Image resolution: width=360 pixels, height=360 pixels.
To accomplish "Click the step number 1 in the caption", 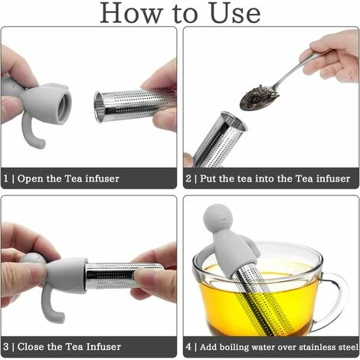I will tap(7, 178).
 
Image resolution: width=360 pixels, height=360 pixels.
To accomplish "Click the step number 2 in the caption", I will tap(189, 178).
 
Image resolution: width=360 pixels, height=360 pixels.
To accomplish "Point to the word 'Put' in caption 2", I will tap(211, 178).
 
